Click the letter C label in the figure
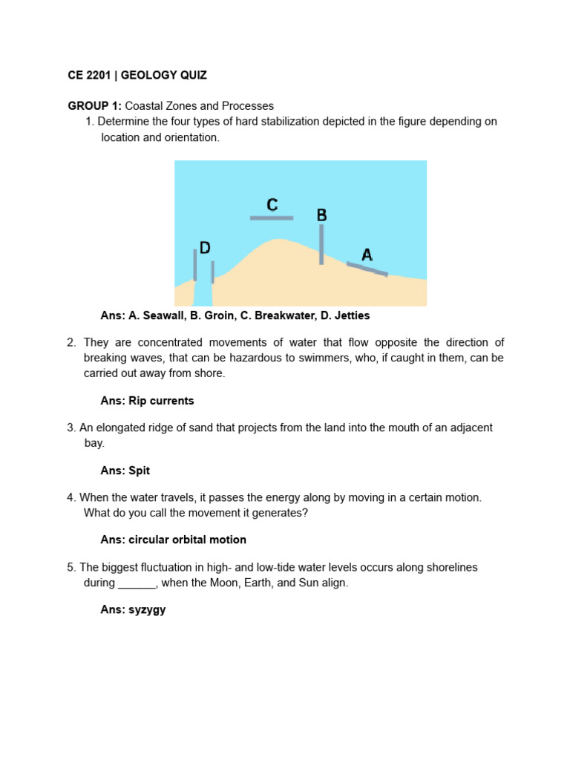272,205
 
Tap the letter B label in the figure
321,215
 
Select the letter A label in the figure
367,255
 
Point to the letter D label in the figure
205,248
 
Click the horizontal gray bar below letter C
272,218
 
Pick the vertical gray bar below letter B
321,245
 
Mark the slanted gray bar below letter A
367,269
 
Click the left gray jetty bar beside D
195,265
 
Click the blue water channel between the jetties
203,293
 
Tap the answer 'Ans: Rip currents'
147,401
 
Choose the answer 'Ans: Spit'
125,471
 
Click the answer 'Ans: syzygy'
133,609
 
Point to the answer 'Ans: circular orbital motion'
173,540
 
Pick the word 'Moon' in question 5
226,583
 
